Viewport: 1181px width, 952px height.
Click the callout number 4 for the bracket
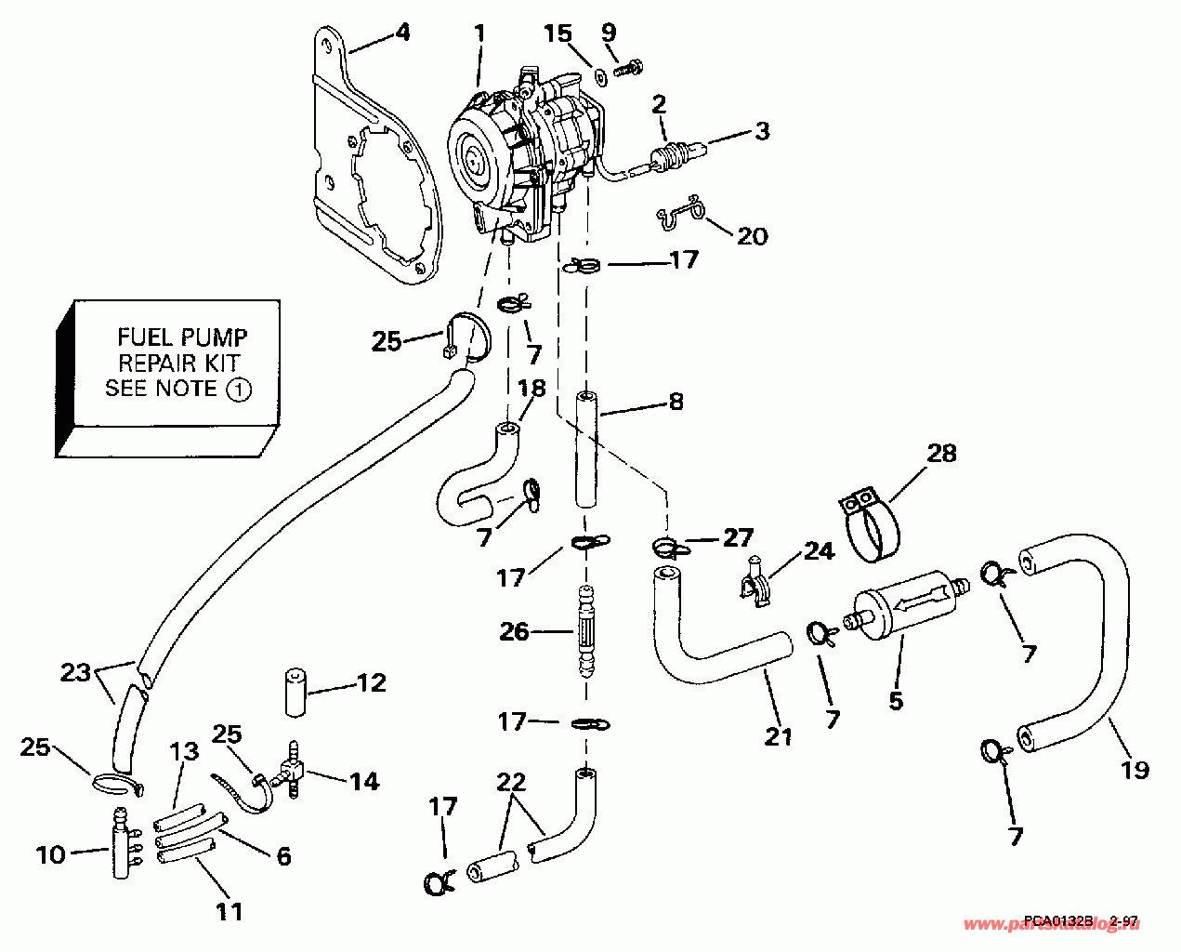[401, 33]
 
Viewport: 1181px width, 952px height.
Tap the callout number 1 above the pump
[479, 33]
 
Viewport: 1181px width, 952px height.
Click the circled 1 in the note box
[238, 390]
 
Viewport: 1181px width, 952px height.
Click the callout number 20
[753, 235]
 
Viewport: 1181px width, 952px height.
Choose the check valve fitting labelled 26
[586, 631]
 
